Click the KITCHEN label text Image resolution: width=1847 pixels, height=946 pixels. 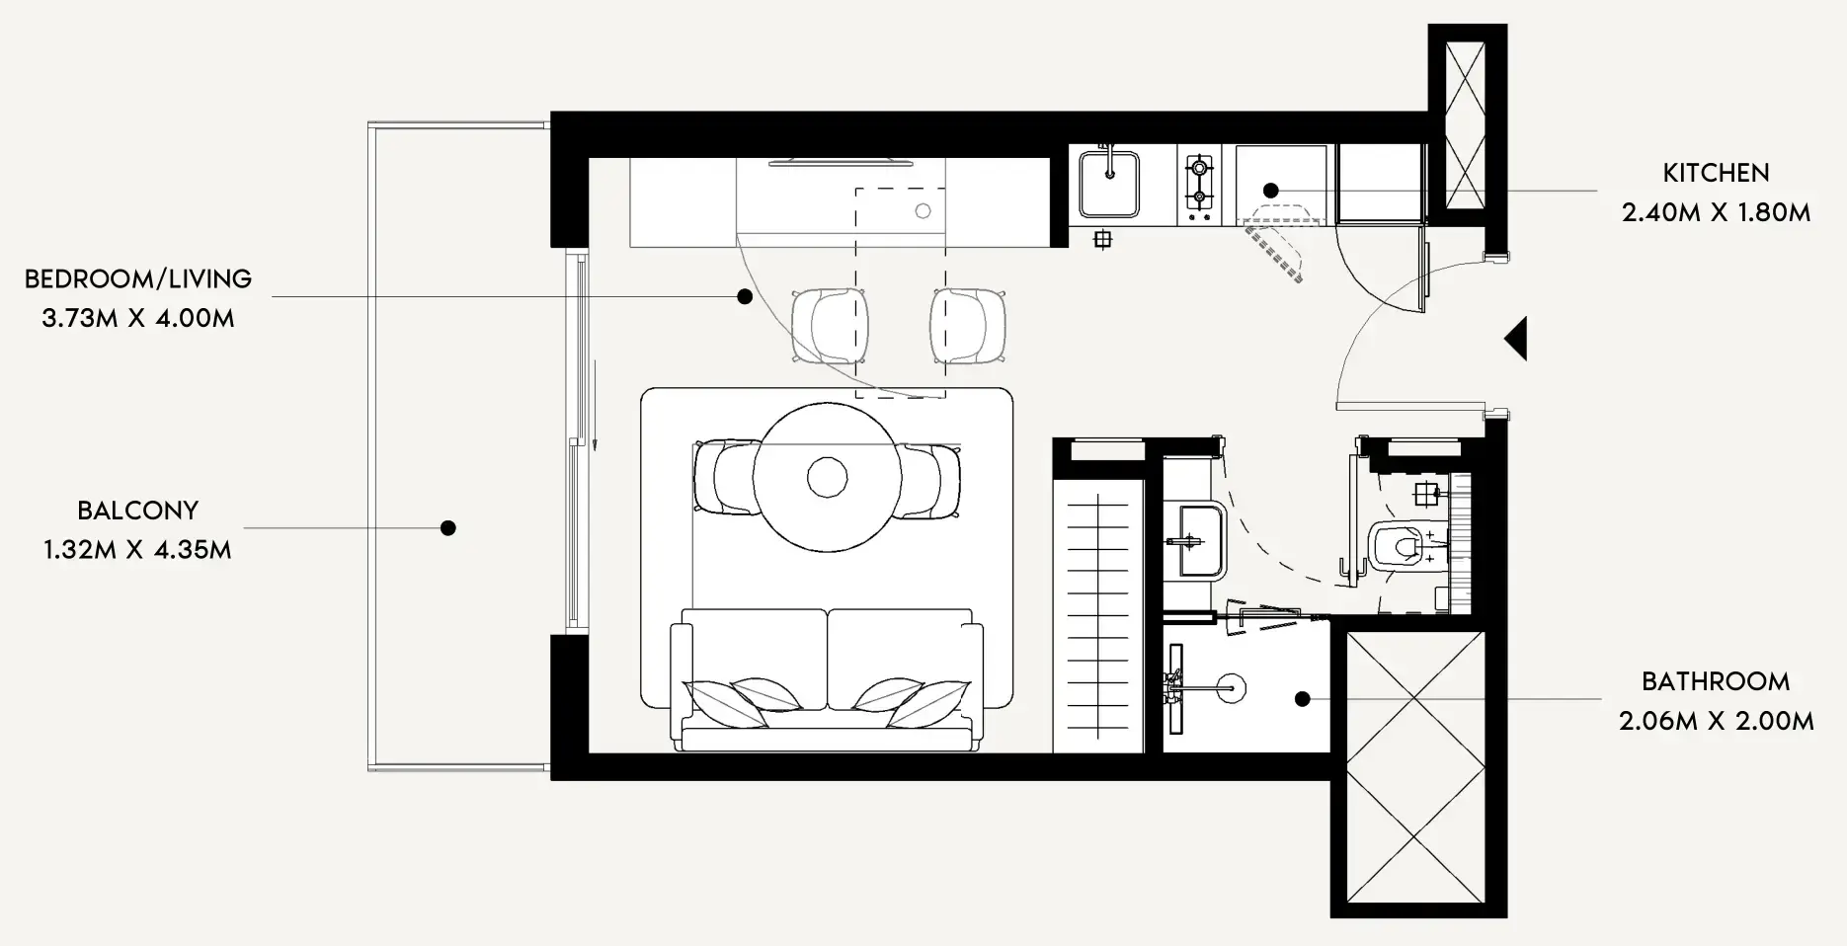(x=1716, y=173)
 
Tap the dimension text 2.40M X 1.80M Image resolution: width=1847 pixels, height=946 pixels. (x=1716, y=212)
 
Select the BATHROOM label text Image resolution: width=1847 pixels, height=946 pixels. (x=1716, y=681)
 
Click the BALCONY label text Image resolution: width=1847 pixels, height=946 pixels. (x=138, y=511)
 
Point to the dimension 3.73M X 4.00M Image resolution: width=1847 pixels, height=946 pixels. (x=138, y=318)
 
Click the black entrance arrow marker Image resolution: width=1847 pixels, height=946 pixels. (x=1517, y=339)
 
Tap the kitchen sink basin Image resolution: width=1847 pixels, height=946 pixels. (x=1109, y=184)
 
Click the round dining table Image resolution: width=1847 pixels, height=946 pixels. (x=827, y=478)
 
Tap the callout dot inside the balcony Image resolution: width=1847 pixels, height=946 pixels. (x=447, y=528)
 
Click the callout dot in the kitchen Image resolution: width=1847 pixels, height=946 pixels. (x=1271, y=190)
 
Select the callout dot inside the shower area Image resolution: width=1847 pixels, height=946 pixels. (x=1303, y=699)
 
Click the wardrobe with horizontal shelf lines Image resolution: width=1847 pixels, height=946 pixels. (x=1098, y=617)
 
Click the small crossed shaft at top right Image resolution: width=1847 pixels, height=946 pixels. (x=1465, y=125)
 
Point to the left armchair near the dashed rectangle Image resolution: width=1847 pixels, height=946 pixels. (x=830, y=326)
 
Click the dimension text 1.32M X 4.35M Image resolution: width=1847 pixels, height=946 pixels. (x=138, y=550)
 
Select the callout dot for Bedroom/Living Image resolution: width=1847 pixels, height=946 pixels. (x=746, y=296)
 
